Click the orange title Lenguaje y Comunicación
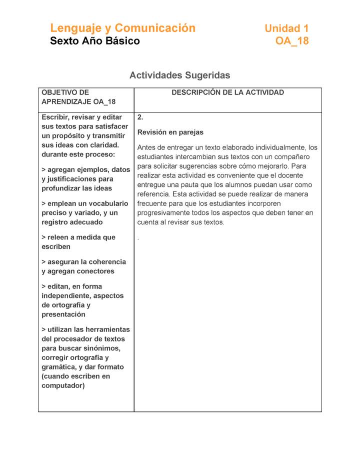(x=122, y=28)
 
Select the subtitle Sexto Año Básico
(x=95, y=41)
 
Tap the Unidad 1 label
(x=286, y=28)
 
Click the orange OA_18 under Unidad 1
(x=292, y=41)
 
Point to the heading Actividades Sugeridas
(x=179, y=75)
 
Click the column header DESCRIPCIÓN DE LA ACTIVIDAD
(x=227, y=92)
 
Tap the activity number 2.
(x=140, y=117)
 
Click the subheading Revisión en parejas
(x=170, y=132)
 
